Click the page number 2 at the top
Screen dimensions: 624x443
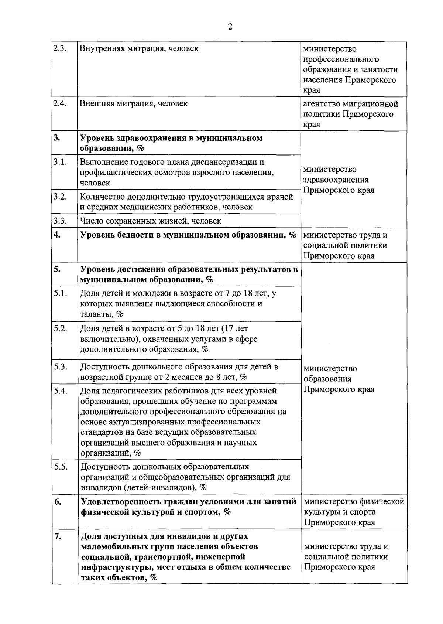230,27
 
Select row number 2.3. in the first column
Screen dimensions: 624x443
60,48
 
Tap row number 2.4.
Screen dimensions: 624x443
60,103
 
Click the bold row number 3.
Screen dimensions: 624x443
56,138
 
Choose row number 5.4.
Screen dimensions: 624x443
61,391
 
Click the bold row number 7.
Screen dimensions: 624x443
57,536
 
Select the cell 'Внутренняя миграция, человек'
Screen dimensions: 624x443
139,48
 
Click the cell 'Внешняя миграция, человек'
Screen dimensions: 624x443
134,103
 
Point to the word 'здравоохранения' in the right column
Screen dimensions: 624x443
336,180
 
